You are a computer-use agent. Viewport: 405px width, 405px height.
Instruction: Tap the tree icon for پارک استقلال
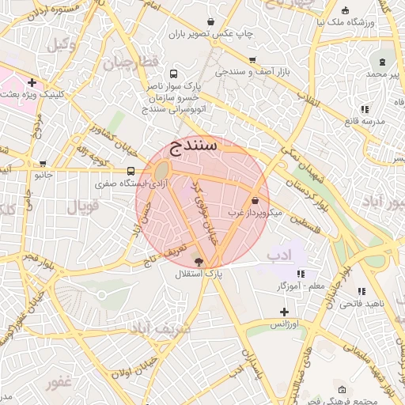point(199,261)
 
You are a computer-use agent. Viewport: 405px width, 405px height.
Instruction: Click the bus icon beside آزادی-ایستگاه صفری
point(131,171)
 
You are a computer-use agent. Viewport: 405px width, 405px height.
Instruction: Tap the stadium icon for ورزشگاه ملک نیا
point(346,11)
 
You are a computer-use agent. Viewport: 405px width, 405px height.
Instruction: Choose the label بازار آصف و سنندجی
point(252,72)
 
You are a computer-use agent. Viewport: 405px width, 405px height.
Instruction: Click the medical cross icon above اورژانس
point(284,312)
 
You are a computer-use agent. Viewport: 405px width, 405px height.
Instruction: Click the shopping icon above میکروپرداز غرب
point(255,201)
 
